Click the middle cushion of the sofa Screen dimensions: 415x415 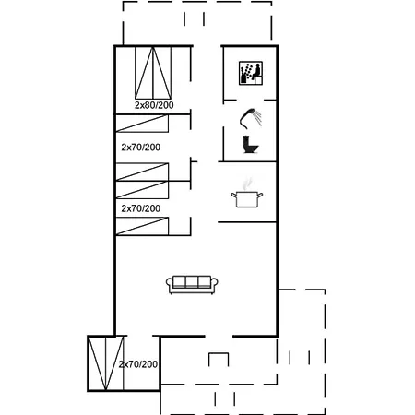click(x=192, y=283)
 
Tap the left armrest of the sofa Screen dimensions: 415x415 click(x=170, y=286)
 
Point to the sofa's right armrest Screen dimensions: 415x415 click(x=214, y=286)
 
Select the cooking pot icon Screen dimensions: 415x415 click(x=247, y=199)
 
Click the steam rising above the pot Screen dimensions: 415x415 click(x=246, y=183)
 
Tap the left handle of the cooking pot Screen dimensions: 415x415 click(x=233, y=195)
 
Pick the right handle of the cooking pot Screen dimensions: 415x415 click(x=261, y=195)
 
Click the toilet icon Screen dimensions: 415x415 click(x=248, y=145)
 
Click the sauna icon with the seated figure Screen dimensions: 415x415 click(x=250, y=72)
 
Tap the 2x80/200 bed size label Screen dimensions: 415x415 click(x=154, y=105)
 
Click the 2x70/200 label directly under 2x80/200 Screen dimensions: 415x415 click(x=141, y=147)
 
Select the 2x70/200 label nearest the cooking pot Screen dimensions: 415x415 click(x=141, y=208)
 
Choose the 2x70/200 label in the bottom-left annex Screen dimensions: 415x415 click(x=138, y=365)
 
